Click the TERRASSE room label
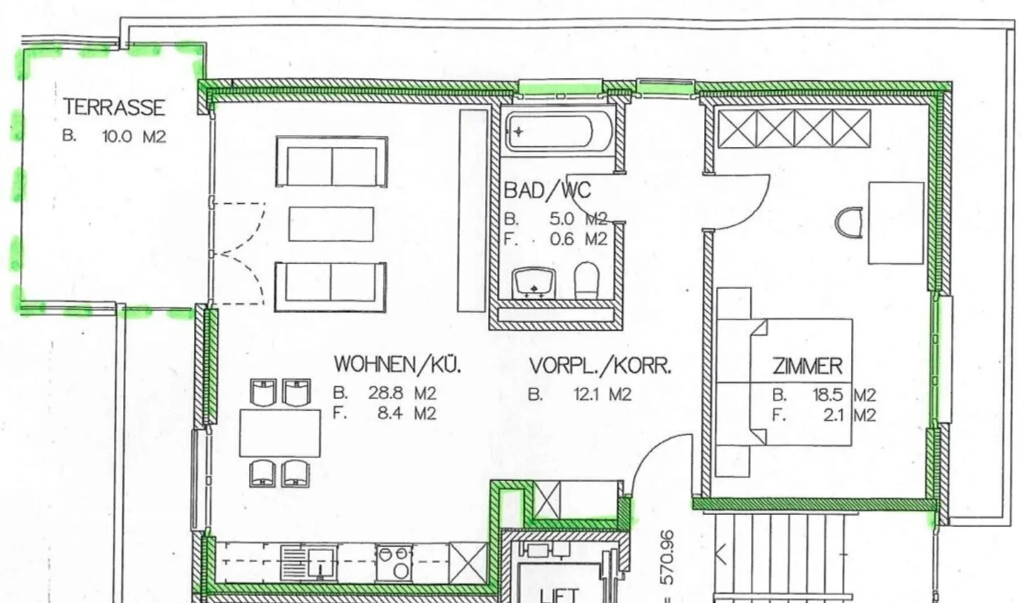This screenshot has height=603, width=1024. [x=114, y=107]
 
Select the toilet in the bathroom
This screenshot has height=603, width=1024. [x=587, y=281]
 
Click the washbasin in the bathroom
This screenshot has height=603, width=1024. [x=533, y=282]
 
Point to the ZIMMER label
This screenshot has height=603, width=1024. [x=807, y=366]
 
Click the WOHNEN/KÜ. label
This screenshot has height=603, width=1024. [x=398, y=365]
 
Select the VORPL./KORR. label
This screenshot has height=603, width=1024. [x=600, y=366]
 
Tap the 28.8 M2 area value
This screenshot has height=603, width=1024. [x=402, y=393]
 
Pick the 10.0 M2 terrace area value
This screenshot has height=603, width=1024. [x=134, y=136]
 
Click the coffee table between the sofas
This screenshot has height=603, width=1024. [x=331, y=224]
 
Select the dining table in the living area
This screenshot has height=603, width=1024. [x=280, y=433]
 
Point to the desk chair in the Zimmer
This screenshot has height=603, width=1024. [x=850, y=223]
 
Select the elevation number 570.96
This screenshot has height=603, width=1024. [x=667, y=558]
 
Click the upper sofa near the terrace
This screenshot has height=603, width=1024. [x=331, y=162]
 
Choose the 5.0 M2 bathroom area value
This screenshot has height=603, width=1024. [x=577, y=219]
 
